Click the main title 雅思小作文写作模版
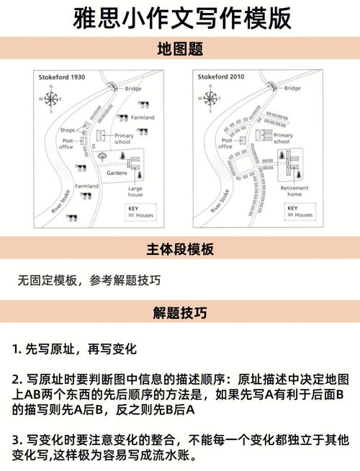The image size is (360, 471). (179, 19)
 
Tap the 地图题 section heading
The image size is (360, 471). (179, 50)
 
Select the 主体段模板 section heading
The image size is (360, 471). (179, 250)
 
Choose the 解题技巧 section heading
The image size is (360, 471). (179, 313)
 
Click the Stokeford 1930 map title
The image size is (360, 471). (61, 76)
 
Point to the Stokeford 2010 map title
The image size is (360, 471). (221, 76)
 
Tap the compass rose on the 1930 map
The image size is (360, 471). (51, 99)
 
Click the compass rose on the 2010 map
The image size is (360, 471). (211, 99)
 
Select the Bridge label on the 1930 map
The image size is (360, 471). (133, 89)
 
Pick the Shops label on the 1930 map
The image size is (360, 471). (68, 130)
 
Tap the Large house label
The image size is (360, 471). (135, 191)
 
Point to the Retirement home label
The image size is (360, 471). (294, 191)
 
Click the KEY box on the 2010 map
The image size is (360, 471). (300, 212)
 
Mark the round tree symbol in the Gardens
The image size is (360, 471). (103, 156)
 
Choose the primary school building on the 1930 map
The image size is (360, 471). (103, 134)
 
